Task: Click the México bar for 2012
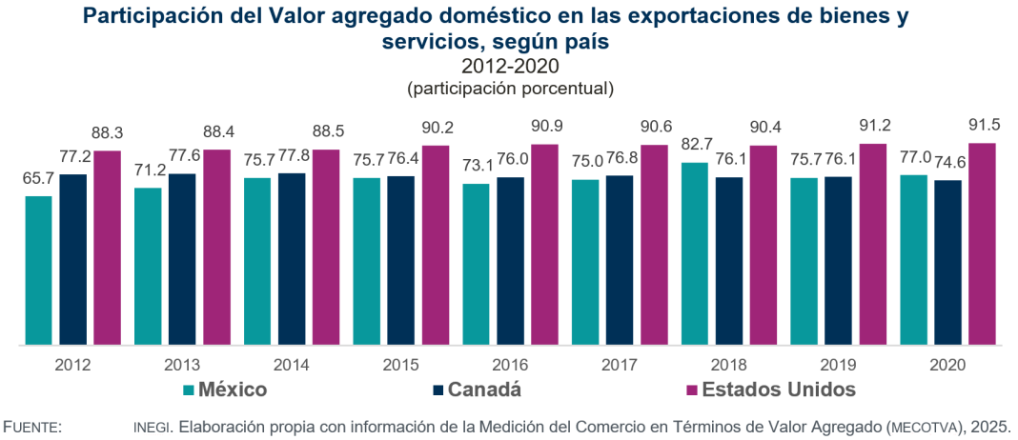click(x=39, y=270)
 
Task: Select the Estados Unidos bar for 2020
click(x=983, y=244)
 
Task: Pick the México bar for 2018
click(x=695, y=253)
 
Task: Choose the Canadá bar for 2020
click(x=948, y=262)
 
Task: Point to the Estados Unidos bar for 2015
click(x=436, y=245)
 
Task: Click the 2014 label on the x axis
click(x=291, y=365)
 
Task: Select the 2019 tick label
click(x=838, y=365)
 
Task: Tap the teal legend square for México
click(x=189, y=390)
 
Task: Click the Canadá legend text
click(x=485, y=390)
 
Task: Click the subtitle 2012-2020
click(x=509, y=67)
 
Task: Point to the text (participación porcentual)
click(x=509, y=88)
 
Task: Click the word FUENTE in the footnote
click(x=33, y=427)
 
